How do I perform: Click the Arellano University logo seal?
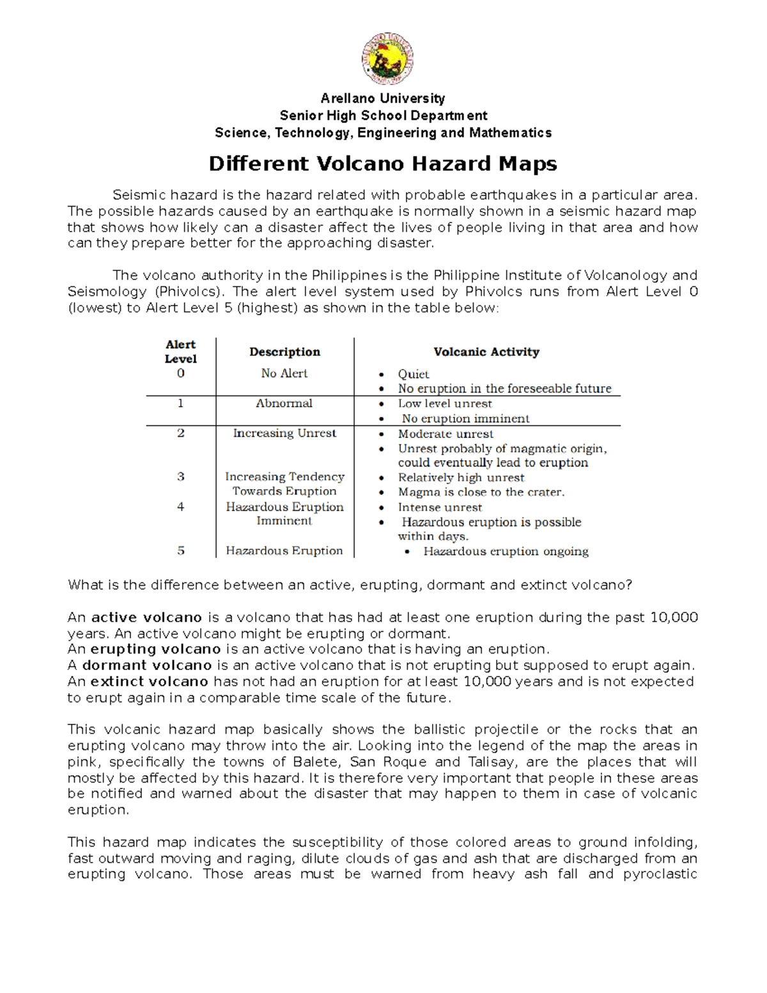(387, 59)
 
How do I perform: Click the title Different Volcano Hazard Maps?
(383, 164)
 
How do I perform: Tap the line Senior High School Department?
(383, 116)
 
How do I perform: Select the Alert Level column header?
(180, 352)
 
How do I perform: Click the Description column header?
(284, 352)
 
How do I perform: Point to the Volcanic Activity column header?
(486, 352)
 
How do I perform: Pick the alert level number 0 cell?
(181, 373)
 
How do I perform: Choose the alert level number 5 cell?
(181, 551)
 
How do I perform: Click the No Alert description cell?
(284, 373)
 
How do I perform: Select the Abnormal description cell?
(284, 403)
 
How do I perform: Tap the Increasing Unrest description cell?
(284, 434)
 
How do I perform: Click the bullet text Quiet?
(414, 374)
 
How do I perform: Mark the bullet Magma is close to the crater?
(481, 492)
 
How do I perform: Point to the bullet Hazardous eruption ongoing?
(506, 551)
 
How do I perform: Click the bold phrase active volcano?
(146, 618)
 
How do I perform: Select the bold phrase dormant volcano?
(147, 666)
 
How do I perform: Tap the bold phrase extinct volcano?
(150, 682)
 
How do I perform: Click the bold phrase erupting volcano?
(155, 650)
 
